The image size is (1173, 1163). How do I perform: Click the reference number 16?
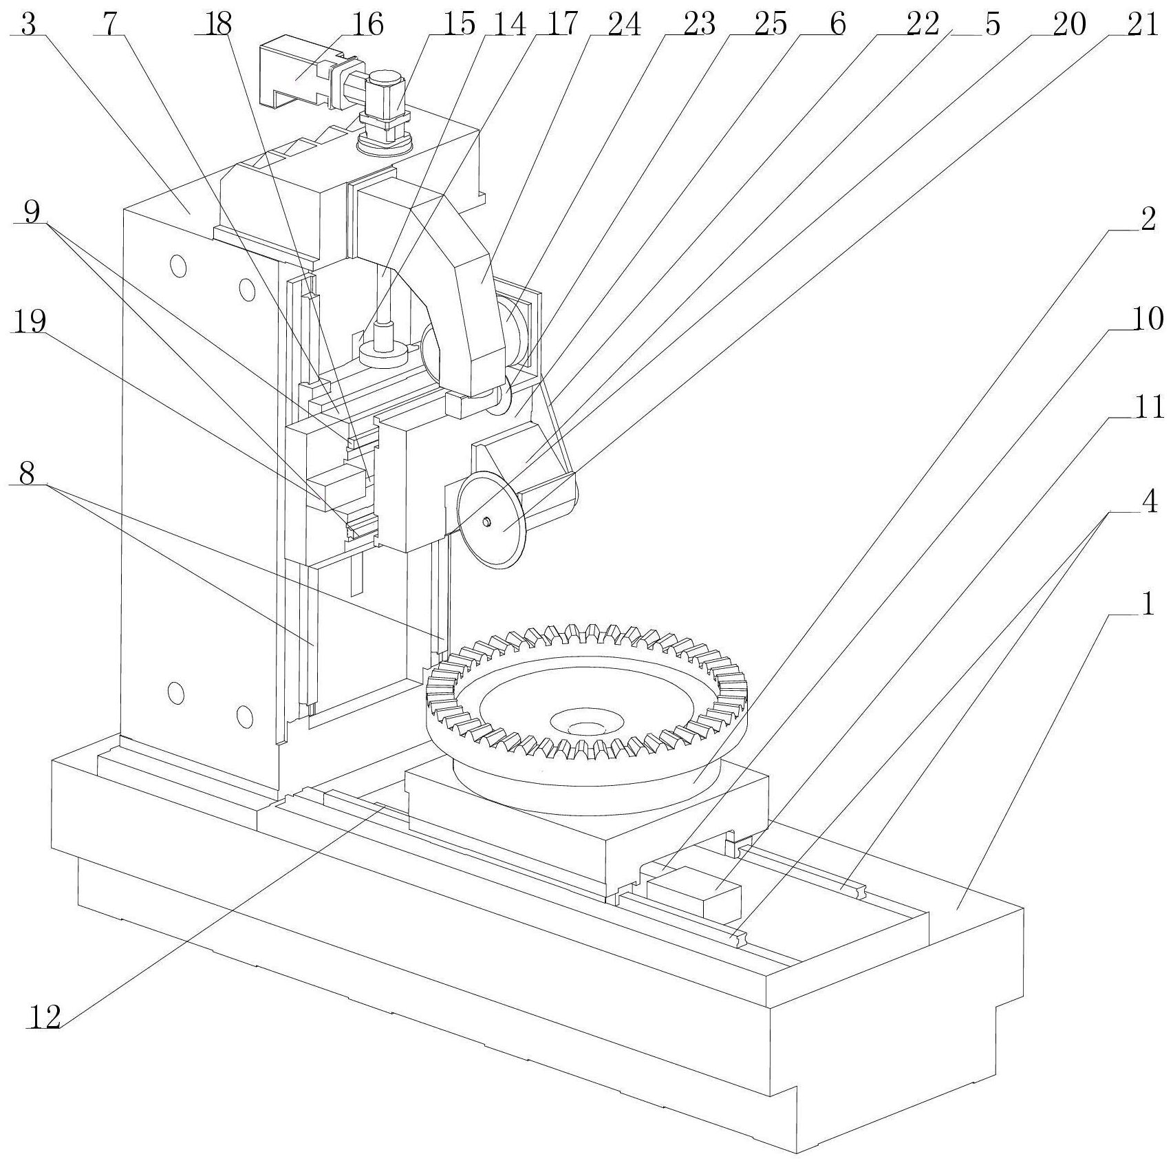point(368,25)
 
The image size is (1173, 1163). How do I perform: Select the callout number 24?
point(625,25)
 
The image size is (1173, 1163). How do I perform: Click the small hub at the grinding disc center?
point(487,522)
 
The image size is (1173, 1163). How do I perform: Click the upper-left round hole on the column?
point(179,266)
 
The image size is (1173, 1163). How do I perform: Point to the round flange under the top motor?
point(385,141)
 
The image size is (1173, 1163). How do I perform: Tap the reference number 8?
point(28,473)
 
